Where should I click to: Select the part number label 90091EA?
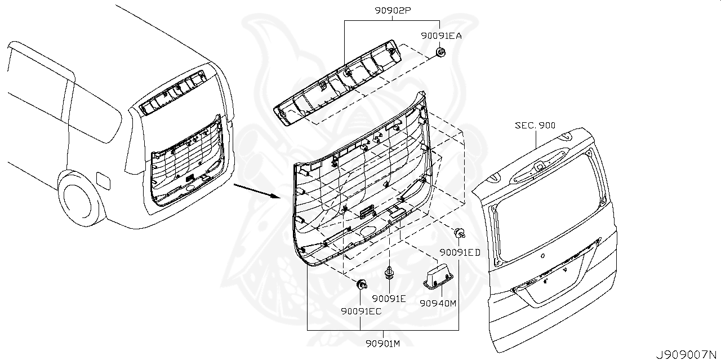441,35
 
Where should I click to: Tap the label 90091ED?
460,252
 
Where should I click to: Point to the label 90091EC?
360,310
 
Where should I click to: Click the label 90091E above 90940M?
389,298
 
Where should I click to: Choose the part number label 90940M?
438,303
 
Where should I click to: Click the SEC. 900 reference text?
535,125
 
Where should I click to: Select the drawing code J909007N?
687,354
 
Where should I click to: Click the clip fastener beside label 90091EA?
441,53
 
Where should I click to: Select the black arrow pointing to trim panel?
256,191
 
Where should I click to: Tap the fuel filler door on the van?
104,179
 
